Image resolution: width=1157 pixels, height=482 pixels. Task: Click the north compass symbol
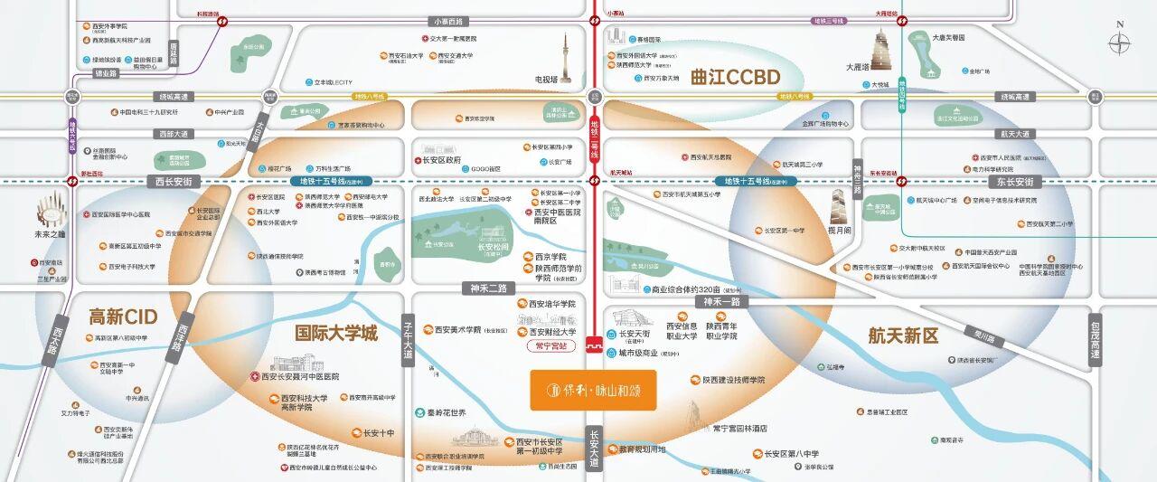tap(1120, 42)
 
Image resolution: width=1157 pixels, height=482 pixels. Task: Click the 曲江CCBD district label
tap(734, 76)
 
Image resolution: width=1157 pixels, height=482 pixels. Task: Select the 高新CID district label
tap(123, 317)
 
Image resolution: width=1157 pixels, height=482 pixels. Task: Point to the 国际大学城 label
tap(337, 331)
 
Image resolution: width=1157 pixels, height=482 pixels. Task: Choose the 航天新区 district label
tap(904, 336)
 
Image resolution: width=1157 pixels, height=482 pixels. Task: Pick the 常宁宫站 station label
tap(551, 345)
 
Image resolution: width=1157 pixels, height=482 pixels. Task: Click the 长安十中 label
tap(378, 433)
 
